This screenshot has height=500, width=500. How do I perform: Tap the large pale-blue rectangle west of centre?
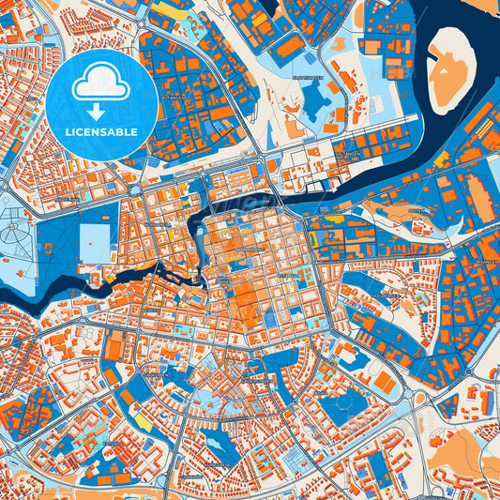(95, 240)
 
